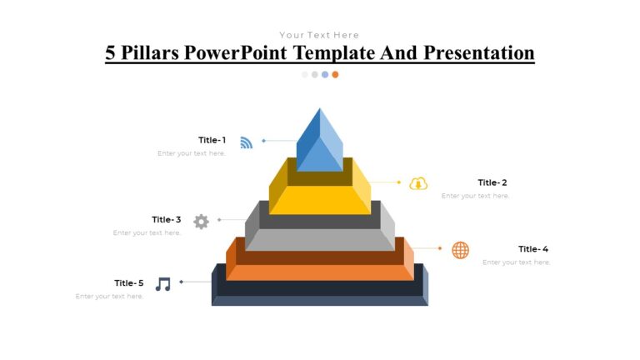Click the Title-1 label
(212, 140)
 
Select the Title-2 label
(492, 182)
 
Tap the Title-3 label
(166, 220)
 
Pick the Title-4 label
(533, 249)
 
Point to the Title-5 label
(129, 283)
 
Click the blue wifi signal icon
(246, 142)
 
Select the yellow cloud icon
(418, 183)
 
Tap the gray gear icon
(201, 222)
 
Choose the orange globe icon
(460, 250)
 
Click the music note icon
(163, 284)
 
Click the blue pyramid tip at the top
(319, 142)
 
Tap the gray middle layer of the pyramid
(320, 238)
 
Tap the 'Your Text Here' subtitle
(319, 35)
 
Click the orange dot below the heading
(335, 74)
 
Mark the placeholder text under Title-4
(516, 262)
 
